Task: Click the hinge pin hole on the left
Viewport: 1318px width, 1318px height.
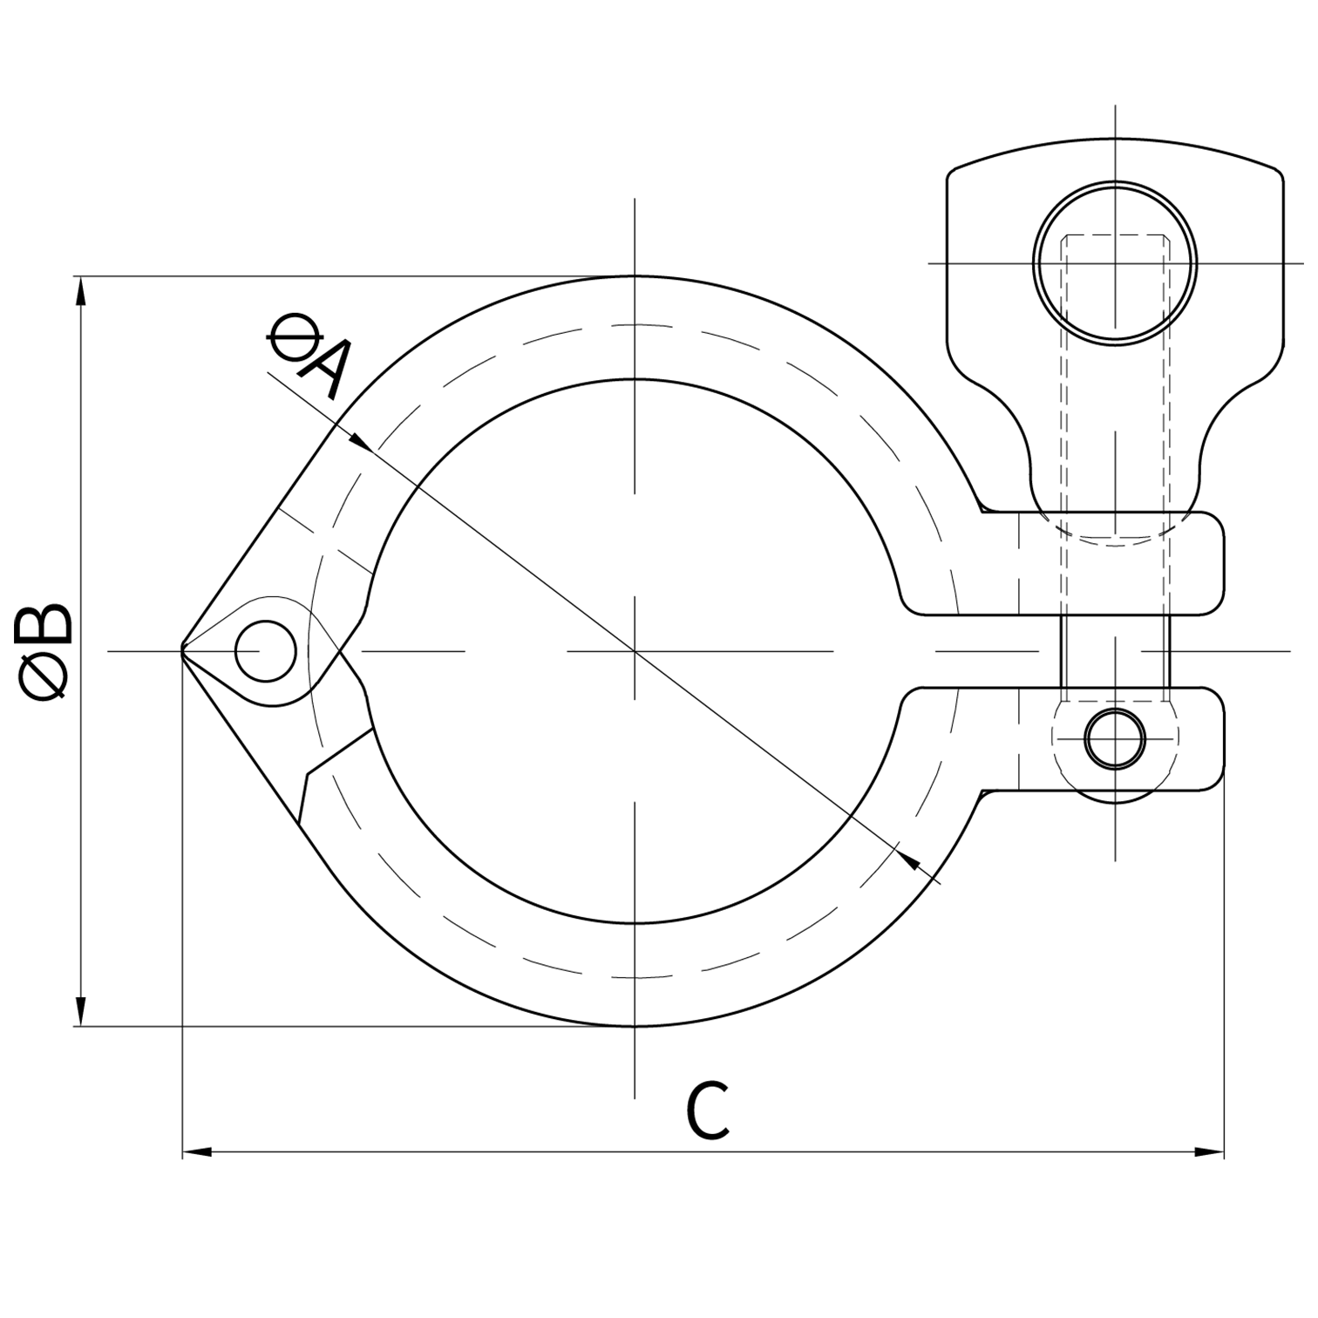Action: point(266,651)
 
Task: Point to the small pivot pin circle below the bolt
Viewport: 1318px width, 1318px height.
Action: point(1115,738)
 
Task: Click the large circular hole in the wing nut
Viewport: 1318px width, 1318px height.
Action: point(1115,262)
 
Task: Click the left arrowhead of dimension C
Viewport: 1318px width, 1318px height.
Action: point(197,1152)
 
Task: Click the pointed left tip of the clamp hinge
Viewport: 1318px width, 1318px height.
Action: point(183,650)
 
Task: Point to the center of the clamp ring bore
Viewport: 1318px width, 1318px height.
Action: point(635,651)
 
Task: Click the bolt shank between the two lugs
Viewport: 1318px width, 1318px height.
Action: point(1115,651)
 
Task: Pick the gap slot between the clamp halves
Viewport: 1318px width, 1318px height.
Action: point(985,651)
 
